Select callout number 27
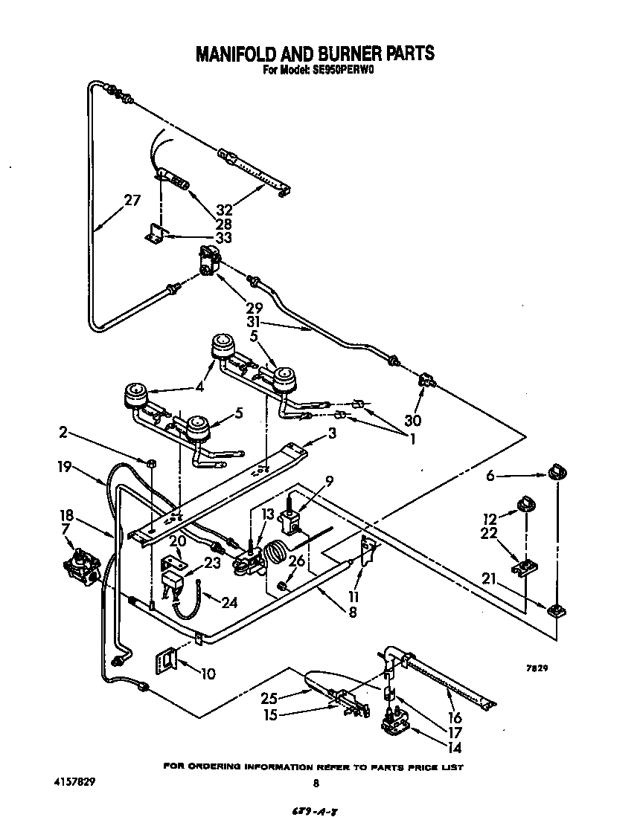tap(132, 199)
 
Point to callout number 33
tap(222, 238)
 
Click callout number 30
tap(412, 420)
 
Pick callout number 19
tap(64, 467)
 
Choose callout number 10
tap(208, 674)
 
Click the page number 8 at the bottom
tap(316, 783)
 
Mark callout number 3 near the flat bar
tap(333, 433)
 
